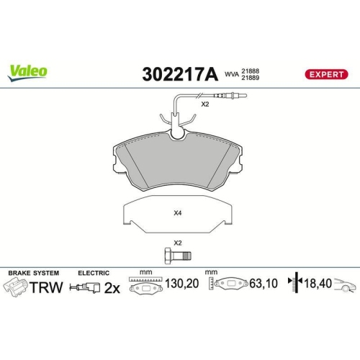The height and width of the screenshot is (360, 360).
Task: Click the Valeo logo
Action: point(28,70)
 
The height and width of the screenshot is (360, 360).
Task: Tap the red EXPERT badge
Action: point(328,73)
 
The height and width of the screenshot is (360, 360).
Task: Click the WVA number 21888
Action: point(251,69)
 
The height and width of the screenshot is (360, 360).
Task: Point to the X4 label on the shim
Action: point(178,212)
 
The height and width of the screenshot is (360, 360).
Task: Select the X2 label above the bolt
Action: point(178,242)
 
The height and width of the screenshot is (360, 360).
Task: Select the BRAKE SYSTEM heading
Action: point(33,274)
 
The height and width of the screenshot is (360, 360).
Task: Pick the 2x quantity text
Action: point(112,288)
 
